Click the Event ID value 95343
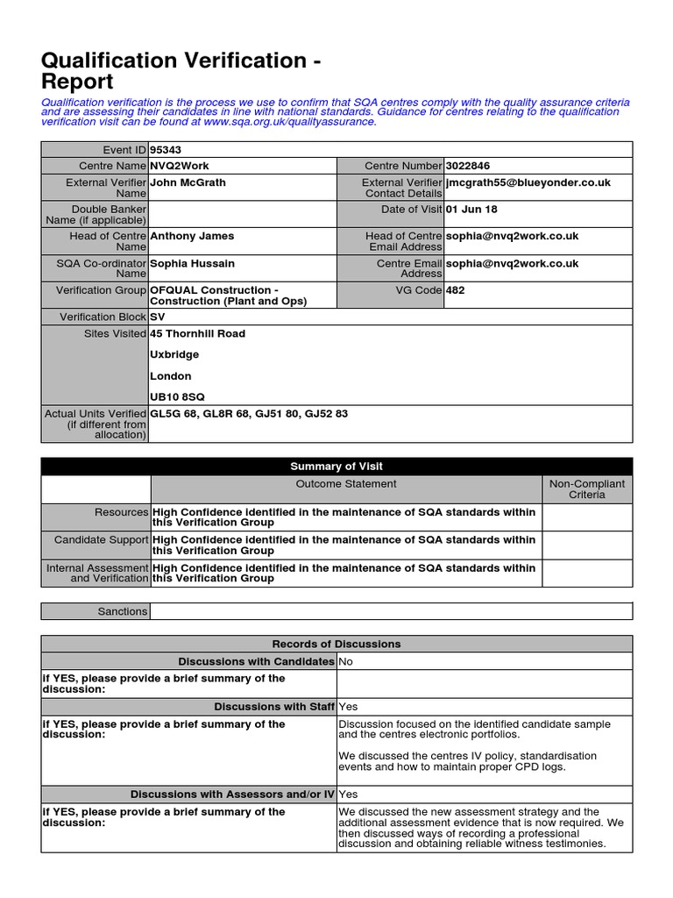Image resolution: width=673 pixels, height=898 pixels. tap(166, 150)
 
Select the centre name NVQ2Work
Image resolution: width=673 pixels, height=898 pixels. tap(180, 166)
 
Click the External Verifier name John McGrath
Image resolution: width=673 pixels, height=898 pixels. tap(188, 182)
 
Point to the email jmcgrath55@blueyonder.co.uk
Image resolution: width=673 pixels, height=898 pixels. tap(528, 182)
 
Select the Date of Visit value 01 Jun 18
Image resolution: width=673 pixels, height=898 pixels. tap(471, 210)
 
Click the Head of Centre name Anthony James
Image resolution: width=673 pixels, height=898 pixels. tap(192, 236)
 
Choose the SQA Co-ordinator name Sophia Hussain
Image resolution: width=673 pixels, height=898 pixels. tap(193, 263)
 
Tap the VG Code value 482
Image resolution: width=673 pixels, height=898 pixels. tap(456, 290)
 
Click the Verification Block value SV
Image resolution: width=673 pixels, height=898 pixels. tap(158, 317)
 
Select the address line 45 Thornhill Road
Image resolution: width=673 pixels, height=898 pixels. tap(198, 333)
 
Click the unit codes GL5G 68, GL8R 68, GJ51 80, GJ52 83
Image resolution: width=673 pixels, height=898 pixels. tap(249, 414)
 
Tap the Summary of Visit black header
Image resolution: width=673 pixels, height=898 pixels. tap(336, 467)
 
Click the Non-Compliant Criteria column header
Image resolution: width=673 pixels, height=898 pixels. tap(587, 489)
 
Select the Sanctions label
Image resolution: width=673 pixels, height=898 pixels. tap(123, 611)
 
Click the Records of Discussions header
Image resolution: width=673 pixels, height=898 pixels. tap(336, 644)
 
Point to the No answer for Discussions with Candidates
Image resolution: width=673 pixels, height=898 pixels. tap(346, 661)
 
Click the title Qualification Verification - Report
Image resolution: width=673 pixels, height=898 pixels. tap(180, 71)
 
